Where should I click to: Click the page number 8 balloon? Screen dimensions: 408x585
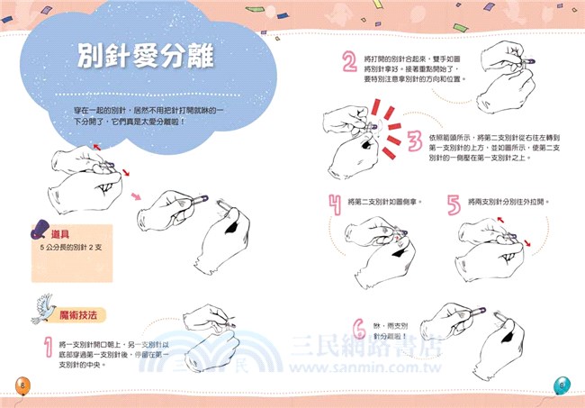coord(22,385)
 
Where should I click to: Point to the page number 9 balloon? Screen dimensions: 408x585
coord(563,385)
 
